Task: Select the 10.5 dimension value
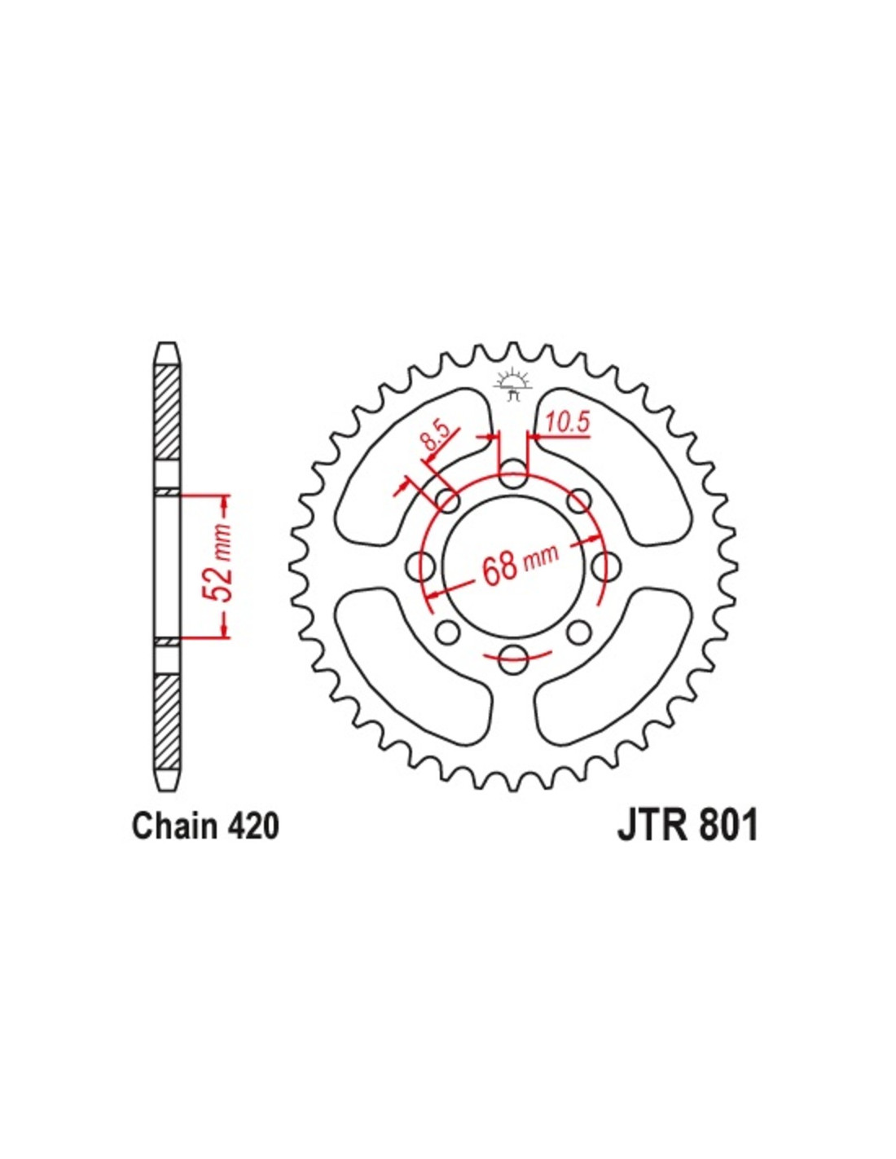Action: coord(567,424)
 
